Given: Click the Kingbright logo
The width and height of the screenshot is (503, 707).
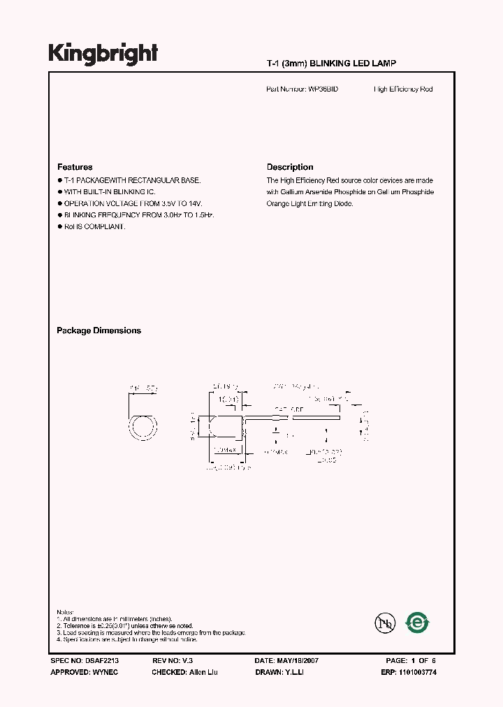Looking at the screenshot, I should click(103, 54).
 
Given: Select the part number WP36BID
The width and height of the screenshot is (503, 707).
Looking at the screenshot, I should click(322, 89).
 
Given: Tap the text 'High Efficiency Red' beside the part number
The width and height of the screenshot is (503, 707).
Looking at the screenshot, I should click(403, 89).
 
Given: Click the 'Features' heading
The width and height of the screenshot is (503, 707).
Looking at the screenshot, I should click(75, 168).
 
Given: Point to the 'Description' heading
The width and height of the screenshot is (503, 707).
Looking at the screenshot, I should click(290, 168).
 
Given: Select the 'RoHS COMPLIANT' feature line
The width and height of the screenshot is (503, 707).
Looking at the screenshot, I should click(94, 227).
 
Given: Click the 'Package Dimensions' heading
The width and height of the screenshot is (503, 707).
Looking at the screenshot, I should click(99, 330).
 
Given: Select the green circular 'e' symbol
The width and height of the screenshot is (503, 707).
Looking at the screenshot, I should click(418, 622).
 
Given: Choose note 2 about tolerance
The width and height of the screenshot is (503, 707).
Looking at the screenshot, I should click(129, 626).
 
